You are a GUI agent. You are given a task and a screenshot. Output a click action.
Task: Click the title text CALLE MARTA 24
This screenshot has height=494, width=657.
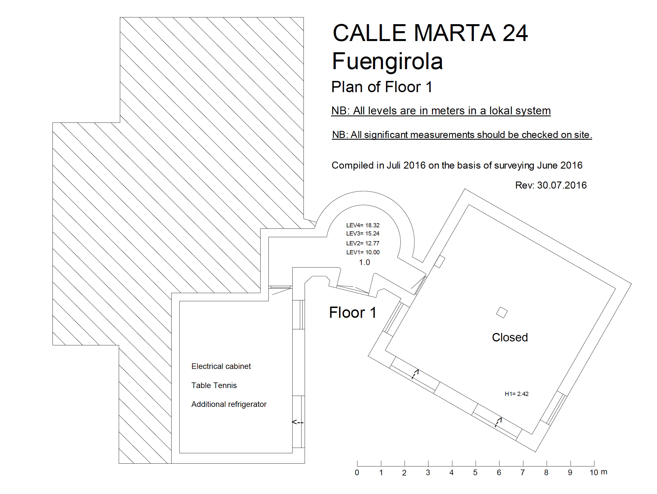coord(430,33)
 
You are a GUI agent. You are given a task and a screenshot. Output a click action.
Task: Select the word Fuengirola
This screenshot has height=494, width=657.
coord(387,61)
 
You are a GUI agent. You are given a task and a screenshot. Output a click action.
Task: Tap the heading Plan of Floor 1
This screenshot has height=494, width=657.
coord(382,87)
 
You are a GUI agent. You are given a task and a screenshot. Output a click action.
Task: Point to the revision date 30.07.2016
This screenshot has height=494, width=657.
coord(562,185)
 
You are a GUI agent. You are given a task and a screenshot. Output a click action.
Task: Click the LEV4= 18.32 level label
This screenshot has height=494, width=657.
coord(363,225)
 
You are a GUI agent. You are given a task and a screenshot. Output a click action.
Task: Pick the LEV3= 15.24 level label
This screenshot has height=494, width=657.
coord(363,233)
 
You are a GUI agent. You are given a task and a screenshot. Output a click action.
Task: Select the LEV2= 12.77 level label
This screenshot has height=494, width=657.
coord(363,243)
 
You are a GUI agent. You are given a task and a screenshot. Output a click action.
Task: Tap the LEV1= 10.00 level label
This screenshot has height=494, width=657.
coord(363,252)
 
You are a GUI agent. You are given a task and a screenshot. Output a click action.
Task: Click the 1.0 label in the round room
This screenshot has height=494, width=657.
coord(364,262)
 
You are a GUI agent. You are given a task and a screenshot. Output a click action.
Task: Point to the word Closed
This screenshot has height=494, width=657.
coord(510,337)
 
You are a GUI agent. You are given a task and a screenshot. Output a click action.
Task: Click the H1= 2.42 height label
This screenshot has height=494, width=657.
coord(517,394)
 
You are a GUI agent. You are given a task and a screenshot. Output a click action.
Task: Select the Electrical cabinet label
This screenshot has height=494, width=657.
coord(221,366)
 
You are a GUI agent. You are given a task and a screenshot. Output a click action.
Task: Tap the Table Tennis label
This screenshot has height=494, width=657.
coord(214,385)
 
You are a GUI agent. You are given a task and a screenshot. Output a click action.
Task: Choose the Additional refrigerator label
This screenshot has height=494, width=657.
coord(229,404)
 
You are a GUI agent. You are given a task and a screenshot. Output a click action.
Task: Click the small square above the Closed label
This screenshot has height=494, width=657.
coord(502,312)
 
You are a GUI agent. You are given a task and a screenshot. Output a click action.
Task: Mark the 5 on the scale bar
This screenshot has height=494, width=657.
coord(475,473)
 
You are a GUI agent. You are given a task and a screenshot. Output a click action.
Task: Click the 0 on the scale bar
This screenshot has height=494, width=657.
coord(357,473)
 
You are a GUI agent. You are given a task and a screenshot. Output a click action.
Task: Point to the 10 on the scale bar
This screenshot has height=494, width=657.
coord(594,473)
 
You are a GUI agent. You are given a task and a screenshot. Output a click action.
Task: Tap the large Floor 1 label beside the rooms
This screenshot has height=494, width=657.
coord(353,313)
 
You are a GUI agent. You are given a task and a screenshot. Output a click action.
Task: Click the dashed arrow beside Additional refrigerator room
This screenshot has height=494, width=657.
coord(298,422)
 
